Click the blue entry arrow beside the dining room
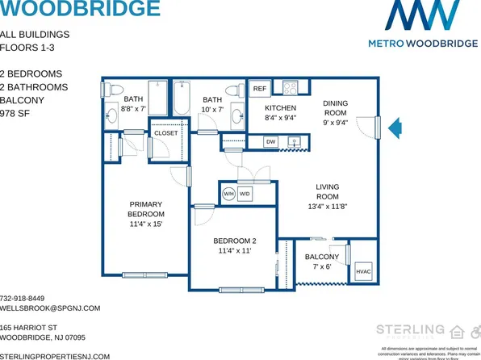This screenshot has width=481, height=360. pos(394,128)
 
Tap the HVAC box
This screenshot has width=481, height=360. pos(363,273)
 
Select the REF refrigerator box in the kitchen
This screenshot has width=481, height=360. pos(259,89)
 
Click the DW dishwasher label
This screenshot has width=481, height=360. pos(270,142)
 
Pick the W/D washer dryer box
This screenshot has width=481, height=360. pos(244,194)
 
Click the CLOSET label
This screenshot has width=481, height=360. pos(165,132)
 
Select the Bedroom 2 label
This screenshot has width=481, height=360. pos(234,245)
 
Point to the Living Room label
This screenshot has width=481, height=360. pos(328,197)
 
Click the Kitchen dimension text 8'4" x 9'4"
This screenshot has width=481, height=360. pos(281,117)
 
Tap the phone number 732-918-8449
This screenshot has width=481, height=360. pos(23,298)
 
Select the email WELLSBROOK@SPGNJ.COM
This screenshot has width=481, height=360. pos(50,308)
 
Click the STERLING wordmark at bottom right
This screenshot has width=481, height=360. pos(411,329)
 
